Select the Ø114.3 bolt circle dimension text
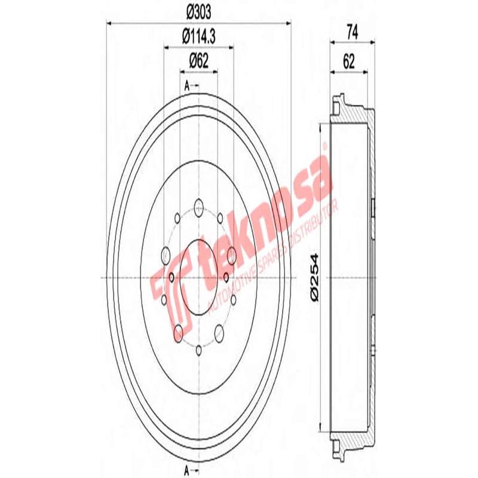(x=198, y=36)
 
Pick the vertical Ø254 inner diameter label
(x=316, y=278)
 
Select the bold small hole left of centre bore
(x=171, y=277)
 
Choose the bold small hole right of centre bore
(x=226, y=277)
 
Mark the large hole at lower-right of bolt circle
(x=219, y=332)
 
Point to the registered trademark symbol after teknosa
(x=324, y=145)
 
